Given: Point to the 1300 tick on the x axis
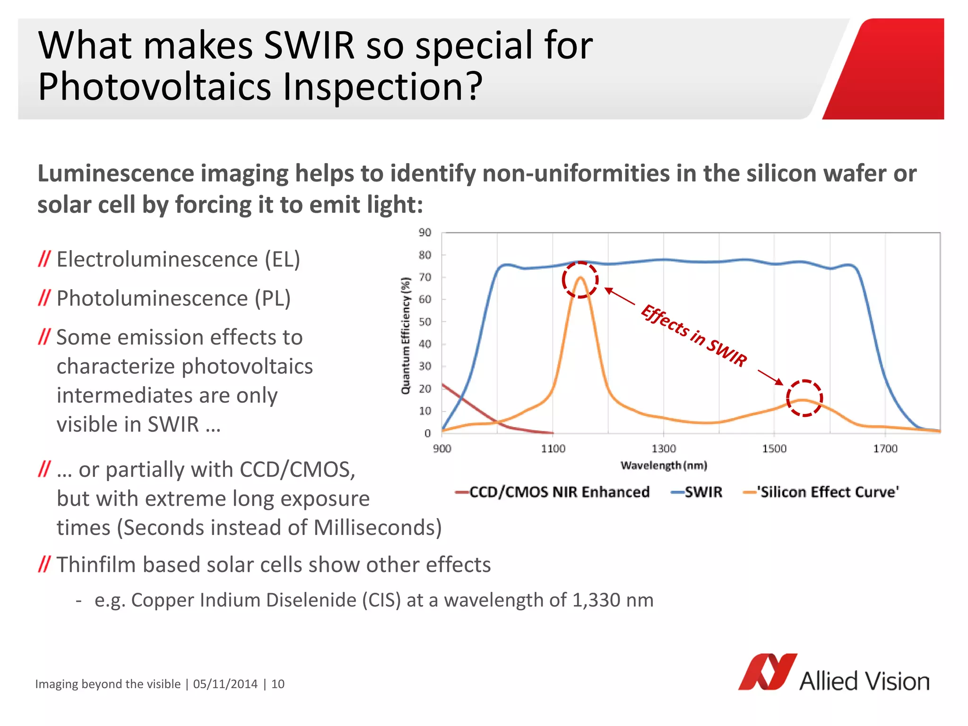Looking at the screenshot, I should click(x=664, y=449).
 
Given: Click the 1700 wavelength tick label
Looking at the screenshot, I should click(x=885, y=449).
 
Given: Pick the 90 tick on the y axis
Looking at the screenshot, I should click(x=425, y=233).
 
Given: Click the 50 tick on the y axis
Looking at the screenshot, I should click(x=425, y=322).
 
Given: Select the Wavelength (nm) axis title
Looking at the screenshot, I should click(x=664, y=466).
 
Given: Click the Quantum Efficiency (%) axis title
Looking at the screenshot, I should click(x=406, y=336).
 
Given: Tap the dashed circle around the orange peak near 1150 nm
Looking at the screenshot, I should click(x=580, y=280).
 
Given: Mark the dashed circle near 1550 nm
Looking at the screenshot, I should click(x=804, y=398).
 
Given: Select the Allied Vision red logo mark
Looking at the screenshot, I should click(x=767, y=672).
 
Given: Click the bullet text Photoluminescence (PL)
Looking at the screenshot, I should click(x=173, y=298).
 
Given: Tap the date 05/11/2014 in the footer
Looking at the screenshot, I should click(x=225, y=684).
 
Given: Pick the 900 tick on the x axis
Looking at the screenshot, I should click(x=442, y=449).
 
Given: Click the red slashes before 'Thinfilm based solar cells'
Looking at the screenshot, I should click(x=44, y=564).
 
